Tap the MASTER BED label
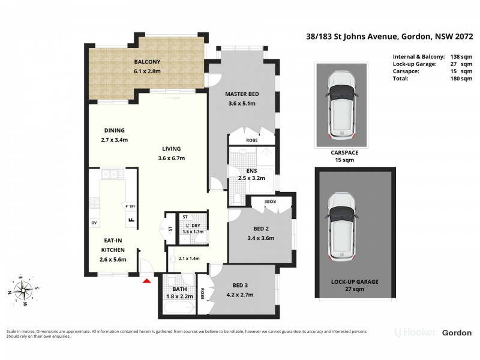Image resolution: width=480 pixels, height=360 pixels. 242,94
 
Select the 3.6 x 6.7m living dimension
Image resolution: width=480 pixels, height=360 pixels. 171,158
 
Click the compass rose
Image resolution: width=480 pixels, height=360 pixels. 24,291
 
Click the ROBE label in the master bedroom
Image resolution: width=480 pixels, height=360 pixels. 252,141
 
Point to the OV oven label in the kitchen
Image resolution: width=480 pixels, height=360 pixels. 94,223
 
